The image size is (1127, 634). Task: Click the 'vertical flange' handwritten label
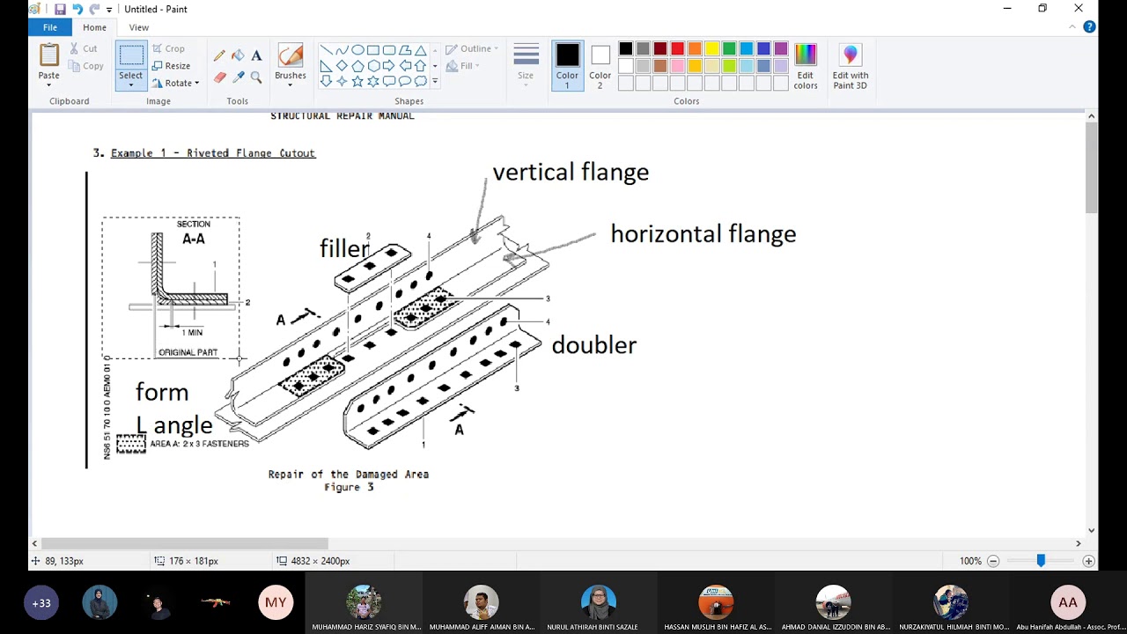571,172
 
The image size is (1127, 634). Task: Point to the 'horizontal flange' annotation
703,233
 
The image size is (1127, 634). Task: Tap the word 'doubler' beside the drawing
593,344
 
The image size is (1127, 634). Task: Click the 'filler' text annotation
344,248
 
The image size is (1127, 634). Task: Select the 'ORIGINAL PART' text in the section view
188,352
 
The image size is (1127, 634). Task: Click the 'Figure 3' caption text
349,487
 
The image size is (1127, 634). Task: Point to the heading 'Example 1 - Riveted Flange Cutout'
213,153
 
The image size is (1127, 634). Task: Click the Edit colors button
805,66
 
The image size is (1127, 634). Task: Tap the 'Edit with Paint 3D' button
850,66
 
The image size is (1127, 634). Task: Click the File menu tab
50,27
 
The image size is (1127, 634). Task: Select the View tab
139,27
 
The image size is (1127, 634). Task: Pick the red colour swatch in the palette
677,49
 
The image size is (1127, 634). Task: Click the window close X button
1079,9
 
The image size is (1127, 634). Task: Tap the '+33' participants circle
41,603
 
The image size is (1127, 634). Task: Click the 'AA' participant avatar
1067,603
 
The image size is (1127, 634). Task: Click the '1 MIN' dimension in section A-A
192,332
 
